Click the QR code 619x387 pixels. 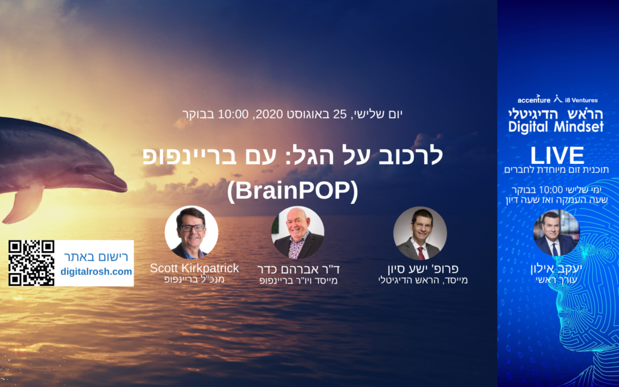[31, 263]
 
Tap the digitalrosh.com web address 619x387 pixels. [96, 272]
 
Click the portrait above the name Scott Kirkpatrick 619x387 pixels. [192, 233]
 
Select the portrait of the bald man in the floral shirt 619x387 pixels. [297, 233]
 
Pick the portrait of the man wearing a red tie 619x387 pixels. [420, 233]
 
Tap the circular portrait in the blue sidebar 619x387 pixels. [556, 233]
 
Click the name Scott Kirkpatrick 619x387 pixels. [194, 268]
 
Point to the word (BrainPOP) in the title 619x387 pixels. [293, 190]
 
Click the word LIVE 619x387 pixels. [557, 155]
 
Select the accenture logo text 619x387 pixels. [534, 100]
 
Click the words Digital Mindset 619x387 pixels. [556, 127]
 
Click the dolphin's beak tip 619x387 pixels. [126, 187]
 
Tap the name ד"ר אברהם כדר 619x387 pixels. [299, 269]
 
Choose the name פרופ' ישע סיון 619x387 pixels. [423, 268]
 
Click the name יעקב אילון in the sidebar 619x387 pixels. [556, 269]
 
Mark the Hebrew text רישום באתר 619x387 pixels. [96, 257]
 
